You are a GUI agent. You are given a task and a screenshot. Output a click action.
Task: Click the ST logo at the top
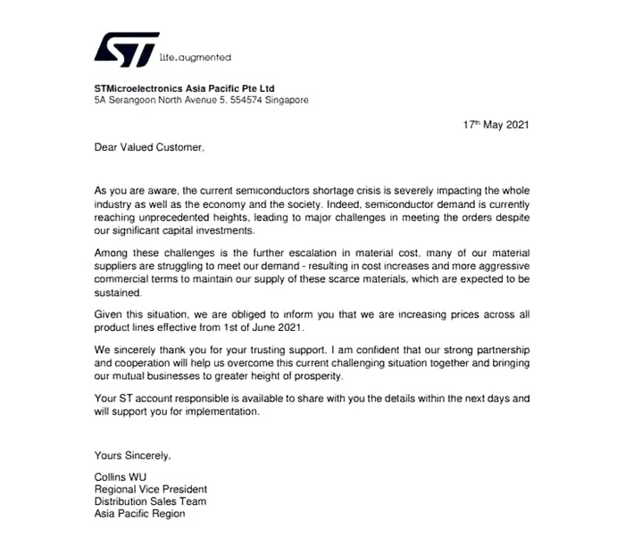tap(126, 50)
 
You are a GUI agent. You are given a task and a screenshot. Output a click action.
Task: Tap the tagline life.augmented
tap(195, 57)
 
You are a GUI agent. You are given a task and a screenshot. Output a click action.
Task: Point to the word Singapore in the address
tap(286, 100)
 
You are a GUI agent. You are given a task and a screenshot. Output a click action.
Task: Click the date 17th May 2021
tap(496, 125)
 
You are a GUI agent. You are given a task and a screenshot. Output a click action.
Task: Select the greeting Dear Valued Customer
tap(149, 148)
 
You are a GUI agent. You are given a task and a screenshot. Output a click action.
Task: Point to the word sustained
tap(117, 292)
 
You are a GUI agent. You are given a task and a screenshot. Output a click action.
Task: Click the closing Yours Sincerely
tap(132, 456)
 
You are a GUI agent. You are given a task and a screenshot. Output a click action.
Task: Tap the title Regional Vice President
tap(151, 489)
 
